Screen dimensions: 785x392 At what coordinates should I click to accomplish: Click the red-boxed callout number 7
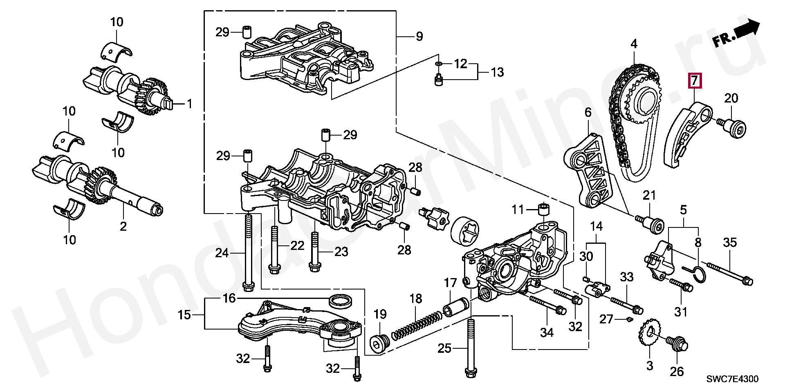click(x=695, y=80)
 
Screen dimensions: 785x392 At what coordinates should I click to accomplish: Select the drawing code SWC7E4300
click(x=732, y=379)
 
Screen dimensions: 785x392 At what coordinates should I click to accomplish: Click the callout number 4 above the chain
click(x=634, y=44)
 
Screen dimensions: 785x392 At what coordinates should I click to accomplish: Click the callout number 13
click(x=497, y=72)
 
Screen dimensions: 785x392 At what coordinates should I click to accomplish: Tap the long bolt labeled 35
click(x=730, y=273)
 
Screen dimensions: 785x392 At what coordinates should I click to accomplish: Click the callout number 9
click(x=419, y=36)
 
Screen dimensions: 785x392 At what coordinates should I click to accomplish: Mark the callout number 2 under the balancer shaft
click(x=123, y=226)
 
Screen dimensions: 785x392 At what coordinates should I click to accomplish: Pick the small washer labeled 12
click(x=438, y=64)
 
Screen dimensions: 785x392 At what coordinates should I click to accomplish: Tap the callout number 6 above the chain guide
click(x=588, y=112)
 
